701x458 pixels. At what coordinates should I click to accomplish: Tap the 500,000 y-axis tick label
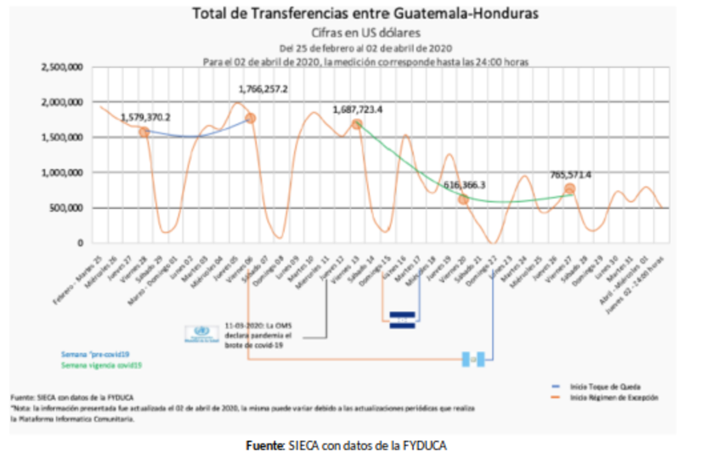point(67,207)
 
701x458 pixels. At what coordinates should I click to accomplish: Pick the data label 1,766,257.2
point(263,88)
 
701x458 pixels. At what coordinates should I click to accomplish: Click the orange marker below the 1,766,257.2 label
point(251,118)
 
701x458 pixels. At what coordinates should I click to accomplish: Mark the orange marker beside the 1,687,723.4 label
point(358,125)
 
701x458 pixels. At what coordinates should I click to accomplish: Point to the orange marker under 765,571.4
point(569,189)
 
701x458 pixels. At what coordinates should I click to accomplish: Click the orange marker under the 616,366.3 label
point(463,199)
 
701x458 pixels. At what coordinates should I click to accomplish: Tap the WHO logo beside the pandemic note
point(201,332)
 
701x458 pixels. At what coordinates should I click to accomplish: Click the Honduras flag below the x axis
point(402,319)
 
